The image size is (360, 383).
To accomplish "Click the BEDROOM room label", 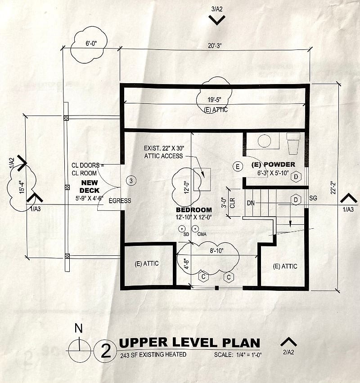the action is (x=194, y=210).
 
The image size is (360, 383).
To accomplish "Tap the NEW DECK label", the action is (x=90, y=187).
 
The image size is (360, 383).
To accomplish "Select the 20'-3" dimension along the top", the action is (x=215, y=46).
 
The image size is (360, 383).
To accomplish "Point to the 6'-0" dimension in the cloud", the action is (x=91, y=44).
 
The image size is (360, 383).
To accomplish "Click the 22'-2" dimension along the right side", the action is (x=333, y=187).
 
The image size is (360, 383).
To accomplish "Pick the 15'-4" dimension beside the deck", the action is (x=22, y=187).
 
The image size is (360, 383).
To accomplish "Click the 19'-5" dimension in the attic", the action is (x=215, y=100).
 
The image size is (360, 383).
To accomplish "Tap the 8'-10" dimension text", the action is (x=217, y=250).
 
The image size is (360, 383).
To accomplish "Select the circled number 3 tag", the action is (x=131, y=181).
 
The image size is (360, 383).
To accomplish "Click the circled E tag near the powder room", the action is (x=238, y=167).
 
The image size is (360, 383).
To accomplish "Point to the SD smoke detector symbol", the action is (x=182, y=229).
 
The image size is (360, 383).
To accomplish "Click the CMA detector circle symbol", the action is (x=195, y=229).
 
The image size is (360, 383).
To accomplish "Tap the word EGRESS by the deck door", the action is (x=120, y=201).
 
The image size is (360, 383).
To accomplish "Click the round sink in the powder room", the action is (x=264, y=141).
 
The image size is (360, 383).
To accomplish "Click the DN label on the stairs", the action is (x=251, y=203).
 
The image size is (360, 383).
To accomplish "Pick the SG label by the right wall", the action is (x=313, y=198).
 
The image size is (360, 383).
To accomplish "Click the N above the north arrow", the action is (x=78, y=329).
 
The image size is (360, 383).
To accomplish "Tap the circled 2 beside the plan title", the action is (x=106, y=352).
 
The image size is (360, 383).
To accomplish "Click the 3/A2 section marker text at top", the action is (x=217, y=9).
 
